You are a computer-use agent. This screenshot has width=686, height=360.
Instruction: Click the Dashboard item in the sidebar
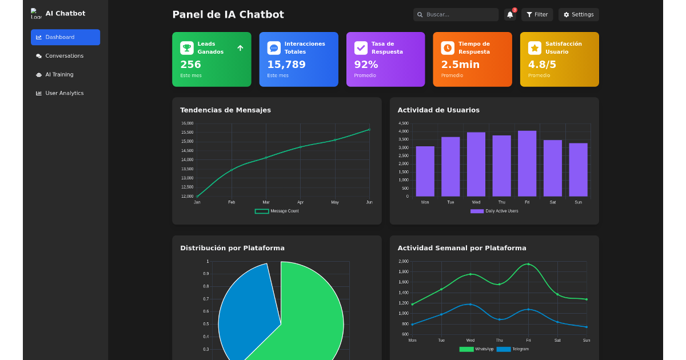[65, 37]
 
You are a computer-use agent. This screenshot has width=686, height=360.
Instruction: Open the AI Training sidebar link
[59, 74]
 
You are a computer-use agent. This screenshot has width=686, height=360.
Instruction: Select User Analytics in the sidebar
[64, 93]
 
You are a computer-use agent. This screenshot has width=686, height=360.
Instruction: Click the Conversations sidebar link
[64, 56]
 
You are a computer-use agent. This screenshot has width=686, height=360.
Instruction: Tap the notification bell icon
[510, 15]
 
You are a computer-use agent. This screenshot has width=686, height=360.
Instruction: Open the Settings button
[579, 15]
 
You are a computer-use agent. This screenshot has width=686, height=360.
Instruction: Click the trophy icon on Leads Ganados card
[187, 48]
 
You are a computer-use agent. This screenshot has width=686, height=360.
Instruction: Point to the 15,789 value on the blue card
[286, 65]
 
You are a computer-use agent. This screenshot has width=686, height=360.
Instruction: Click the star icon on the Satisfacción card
[535, 48]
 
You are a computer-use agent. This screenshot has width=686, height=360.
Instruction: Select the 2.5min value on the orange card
[460, 65]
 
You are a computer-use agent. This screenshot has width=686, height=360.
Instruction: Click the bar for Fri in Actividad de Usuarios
[527, 164]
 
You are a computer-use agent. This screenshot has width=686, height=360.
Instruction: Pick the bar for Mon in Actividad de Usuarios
[425, 171]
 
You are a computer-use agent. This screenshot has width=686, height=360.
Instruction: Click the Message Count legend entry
[277, 211]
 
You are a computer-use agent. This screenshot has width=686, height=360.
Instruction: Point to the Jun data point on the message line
[369, 130]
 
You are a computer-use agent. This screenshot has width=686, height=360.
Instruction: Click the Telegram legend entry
[513, 349]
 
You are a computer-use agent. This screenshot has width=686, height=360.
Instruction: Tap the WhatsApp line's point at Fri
[528, 264]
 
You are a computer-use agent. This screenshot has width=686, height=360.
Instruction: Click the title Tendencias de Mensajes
[225, 110]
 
